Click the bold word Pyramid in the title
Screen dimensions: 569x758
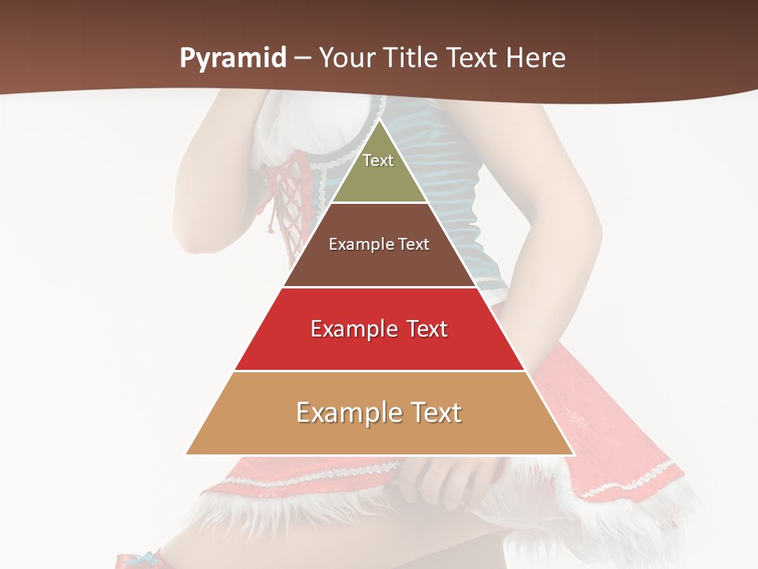pos(232,58)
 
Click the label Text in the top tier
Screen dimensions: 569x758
pos(378,160)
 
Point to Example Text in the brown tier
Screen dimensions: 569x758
pos(379,244)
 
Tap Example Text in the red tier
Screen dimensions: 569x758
pos(379,329)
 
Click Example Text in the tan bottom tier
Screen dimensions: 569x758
pos(379,413)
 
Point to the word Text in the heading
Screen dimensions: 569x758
pos(472,58)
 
